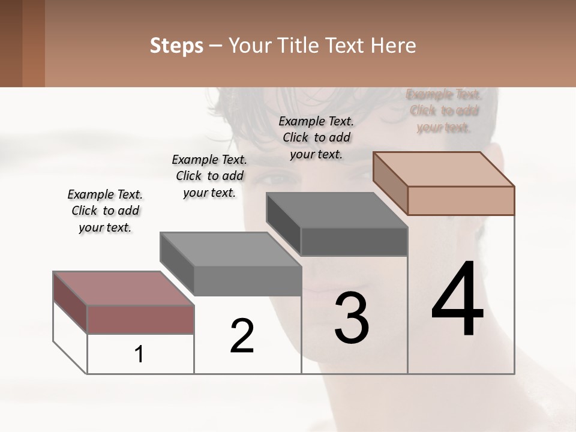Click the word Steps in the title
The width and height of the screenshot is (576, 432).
tap(176, 46)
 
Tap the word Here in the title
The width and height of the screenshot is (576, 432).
tap(392, 46)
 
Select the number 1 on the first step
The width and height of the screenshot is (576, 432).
tap(139, 354)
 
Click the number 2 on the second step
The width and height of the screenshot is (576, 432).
tap(242, 336)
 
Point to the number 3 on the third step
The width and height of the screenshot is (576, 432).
tap(352, 318)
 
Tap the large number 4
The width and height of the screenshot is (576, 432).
tap(457, 300)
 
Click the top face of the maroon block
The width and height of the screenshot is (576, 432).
tap(123, 288)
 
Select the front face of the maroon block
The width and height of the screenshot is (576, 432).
tap(140, 319)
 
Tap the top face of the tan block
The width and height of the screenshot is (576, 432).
tap(443, 169)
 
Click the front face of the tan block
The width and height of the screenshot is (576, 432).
tap(461, 200)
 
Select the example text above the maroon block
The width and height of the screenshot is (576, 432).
tap(105, 211)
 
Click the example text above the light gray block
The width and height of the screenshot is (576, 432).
tap(209, 176)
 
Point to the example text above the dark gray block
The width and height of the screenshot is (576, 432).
tap(316, 137)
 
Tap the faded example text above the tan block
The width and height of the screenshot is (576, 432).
tap(444, 110)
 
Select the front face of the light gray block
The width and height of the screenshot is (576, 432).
tap(247, 281)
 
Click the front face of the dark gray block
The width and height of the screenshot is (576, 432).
tap(354, 242)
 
